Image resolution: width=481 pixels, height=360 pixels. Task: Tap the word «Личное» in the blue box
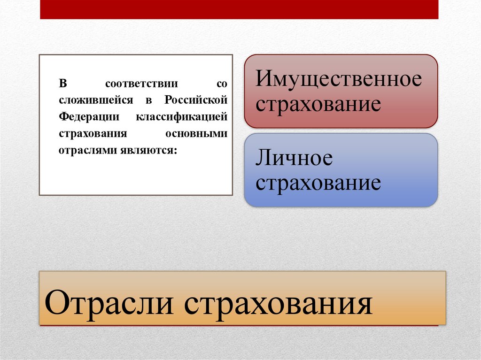[x=294, y=158]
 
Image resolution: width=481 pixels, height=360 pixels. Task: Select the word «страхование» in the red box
[x=318, y=104]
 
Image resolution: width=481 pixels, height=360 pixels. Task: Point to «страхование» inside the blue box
[x=318, y=183]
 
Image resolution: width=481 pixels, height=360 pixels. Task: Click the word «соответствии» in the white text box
[x=141, y=84]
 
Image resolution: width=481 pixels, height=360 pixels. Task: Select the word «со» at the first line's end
[x=222, y=84]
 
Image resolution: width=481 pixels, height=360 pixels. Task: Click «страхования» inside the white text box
[x=93, y=134]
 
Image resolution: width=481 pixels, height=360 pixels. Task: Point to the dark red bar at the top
[x=239, y=9]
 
